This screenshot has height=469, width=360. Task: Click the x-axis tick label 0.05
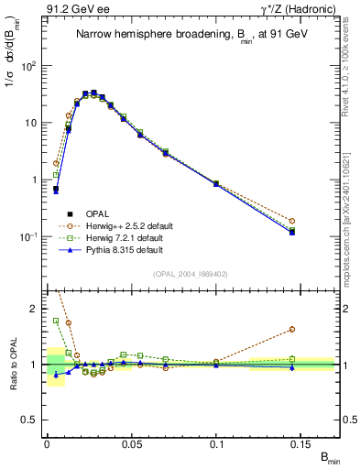tap(131, 443)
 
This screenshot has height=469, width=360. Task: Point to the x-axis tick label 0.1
tap(217, 443)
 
